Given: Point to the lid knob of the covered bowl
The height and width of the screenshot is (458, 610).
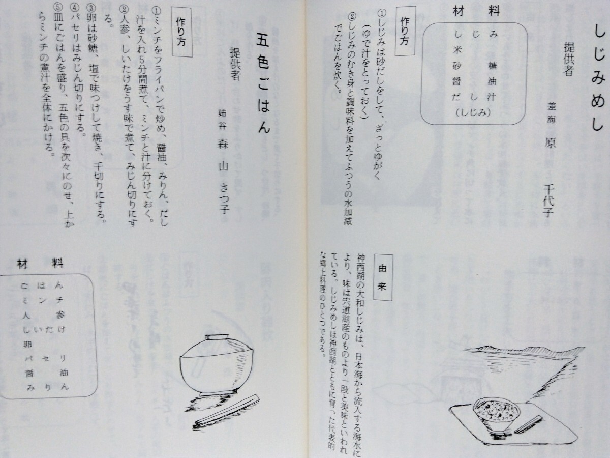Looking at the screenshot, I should tap(209, 336).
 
